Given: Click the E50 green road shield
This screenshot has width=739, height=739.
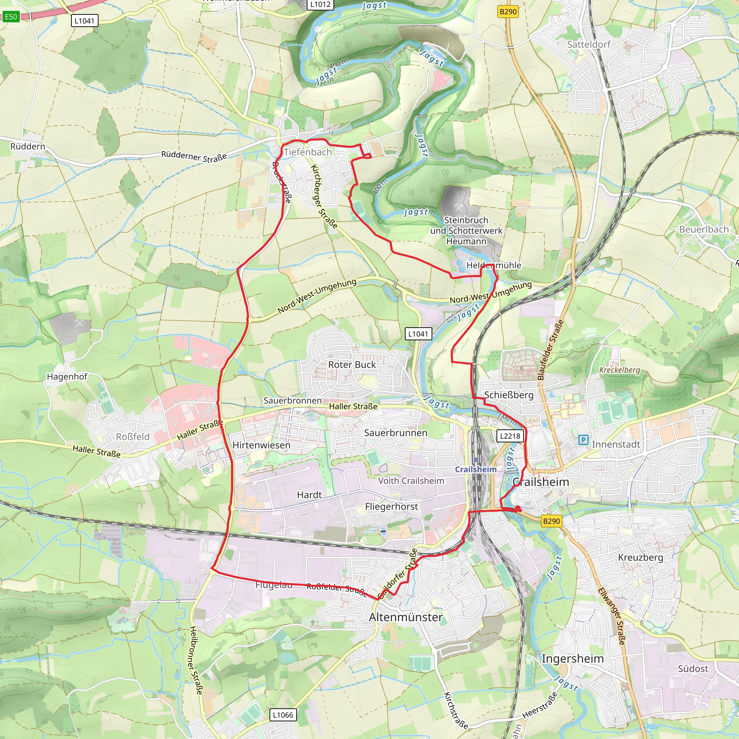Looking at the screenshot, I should [x=11, y=17].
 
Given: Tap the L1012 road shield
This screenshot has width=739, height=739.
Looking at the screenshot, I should [x=320, y=4].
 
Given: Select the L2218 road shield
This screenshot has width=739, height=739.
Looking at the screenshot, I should [x=510, y=436].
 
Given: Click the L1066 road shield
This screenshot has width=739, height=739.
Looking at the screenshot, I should [x=283, y=715].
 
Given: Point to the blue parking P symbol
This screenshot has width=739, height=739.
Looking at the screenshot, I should [x=583, y=440].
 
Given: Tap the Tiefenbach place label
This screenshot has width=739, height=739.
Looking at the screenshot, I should [x=307, y=152].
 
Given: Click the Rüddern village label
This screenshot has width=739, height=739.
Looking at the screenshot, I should [x=27, y=147].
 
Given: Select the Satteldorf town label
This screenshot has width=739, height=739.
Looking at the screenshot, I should [x=589, y=44].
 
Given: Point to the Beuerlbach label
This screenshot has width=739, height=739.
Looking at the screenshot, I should [x=704, y=229].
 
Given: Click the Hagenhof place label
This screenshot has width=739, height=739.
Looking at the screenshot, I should [x=67, y=376].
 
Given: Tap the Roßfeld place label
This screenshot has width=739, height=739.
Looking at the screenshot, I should [x=132, y=437].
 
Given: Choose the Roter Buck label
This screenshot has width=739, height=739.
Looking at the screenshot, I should [x=352, y=364].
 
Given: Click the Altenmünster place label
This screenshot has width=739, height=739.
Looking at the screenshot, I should [x=406, y=617].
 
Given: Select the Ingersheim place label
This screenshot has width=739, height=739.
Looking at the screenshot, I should [x=573, y=659].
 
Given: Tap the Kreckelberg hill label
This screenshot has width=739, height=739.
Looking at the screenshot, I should [x=619, y=370].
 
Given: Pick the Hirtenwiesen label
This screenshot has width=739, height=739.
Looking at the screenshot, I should [x=261, y=445].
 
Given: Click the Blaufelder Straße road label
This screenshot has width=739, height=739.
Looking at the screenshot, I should [x=551, y=350].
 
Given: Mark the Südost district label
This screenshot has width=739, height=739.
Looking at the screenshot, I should [x=693, y=669].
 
